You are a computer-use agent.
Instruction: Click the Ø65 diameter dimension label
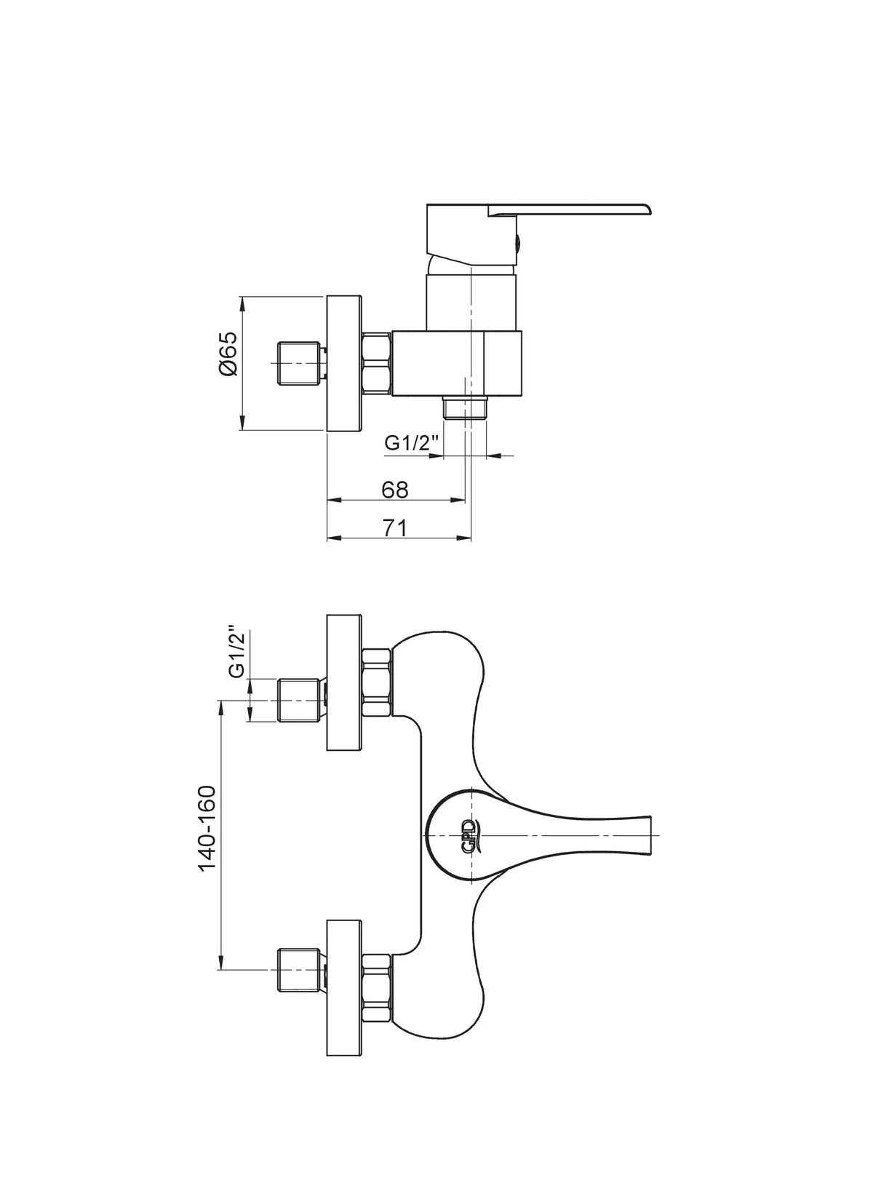pos(228,354)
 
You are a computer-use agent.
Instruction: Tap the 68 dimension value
pos(395,489)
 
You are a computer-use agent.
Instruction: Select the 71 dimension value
pos(395,527)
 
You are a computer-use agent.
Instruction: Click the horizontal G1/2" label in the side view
pos(411,443)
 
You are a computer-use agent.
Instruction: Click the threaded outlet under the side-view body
pos(465,407)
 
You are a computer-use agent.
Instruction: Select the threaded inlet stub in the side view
pos(301,364)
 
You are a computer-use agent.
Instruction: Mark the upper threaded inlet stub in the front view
pos(301,700)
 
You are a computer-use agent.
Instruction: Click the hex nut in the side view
pos(377,364)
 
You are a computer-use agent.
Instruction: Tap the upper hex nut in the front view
pos(377,682)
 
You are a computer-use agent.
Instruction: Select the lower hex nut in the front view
pos(377,988)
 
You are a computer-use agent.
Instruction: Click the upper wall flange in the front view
pos(344,682)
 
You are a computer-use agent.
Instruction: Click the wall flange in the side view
pos(344,362)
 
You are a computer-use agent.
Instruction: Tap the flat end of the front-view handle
pos(650,835)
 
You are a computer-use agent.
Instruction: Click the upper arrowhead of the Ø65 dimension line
pos(242,303)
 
